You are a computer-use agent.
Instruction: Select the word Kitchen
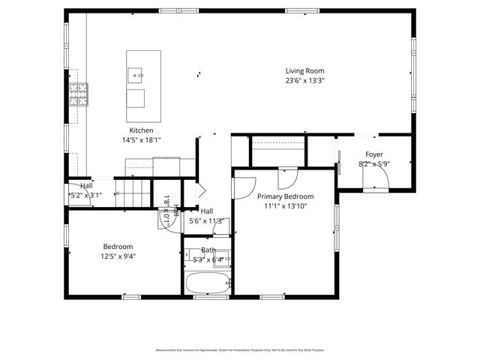(x=141, y=130)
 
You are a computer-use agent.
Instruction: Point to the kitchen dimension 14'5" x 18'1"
(x=141, y=139)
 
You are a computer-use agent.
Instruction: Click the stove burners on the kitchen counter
(x=78, y=93)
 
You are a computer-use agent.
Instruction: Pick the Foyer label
(x=373, y=154)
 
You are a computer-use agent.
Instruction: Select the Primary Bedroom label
(x=285, y=196)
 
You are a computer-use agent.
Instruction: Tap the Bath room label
(x=208, y=250)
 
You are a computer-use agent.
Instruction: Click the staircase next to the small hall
(x=133, y=193)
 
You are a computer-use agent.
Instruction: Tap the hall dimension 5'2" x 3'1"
(x=84, y=195)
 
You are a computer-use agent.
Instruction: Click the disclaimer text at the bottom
(x=240, y=350)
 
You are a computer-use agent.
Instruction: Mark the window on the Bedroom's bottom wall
(x=132, y=298)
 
